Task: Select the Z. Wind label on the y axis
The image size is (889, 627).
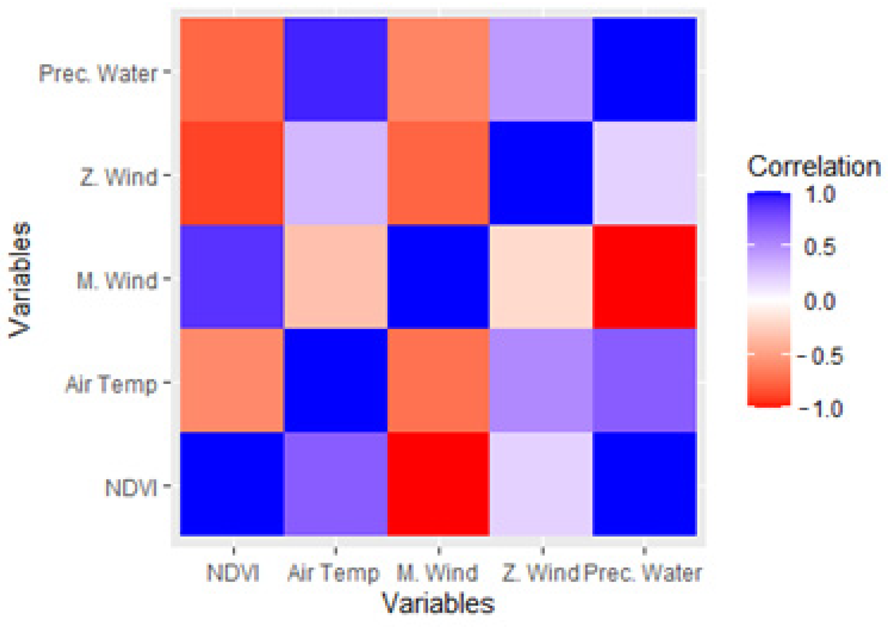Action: tap(119, 177)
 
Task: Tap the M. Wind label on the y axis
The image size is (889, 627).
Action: tap(117, 280)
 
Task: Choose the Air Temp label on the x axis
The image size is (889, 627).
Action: tap(334, 573)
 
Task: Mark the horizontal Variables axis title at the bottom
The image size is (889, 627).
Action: tap(438, 604)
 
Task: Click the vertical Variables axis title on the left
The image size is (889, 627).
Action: tap(19, 279)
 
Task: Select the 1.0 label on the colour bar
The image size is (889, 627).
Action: tap(820, 194)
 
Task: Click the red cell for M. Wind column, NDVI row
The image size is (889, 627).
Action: tap(438, 484)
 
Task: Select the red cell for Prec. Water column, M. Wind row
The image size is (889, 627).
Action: tap(645, 276)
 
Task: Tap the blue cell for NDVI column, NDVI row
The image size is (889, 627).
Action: tap(232, 484)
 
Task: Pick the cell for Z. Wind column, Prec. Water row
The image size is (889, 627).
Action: tap(541, 70)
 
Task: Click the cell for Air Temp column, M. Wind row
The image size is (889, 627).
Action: tap(336, 276)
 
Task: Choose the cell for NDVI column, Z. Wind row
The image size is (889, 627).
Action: tap(232, 173)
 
